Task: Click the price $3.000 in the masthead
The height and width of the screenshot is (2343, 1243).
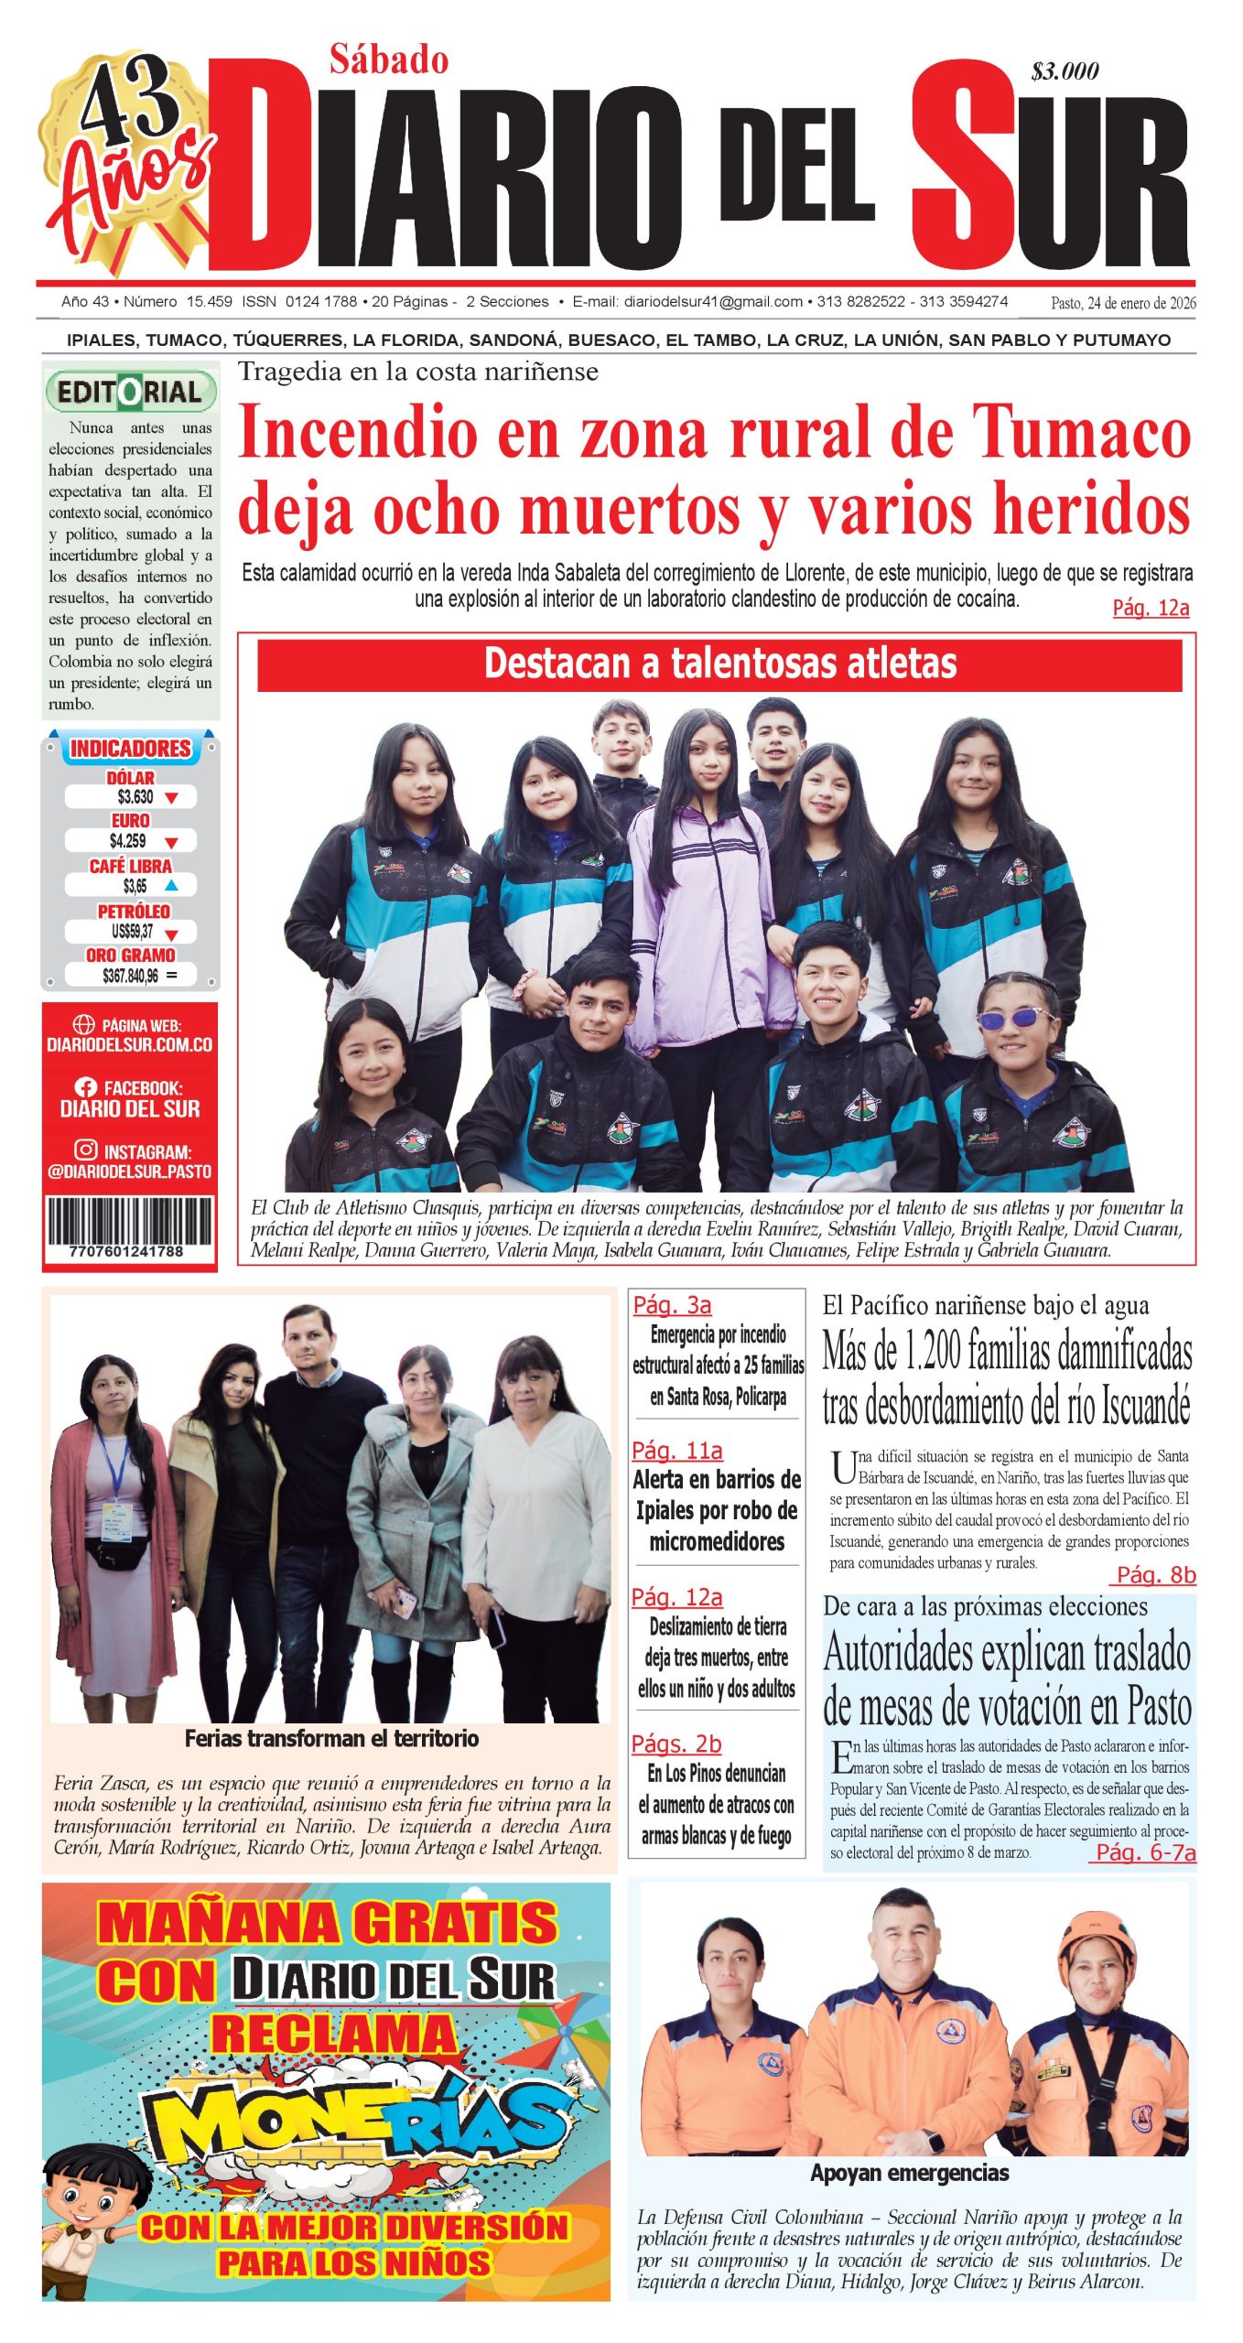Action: click(x=1065, y=71)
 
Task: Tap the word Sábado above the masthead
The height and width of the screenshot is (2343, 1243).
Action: click(x=389, y=60)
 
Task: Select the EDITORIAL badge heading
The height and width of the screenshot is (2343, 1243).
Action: click(x=130, y=393)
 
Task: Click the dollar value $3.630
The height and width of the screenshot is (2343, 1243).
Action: click(x=135, y=796)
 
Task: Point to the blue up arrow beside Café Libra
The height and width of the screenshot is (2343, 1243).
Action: click(x=170, y=885)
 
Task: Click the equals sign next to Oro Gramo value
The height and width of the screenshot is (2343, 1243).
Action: click(x=172, y=976)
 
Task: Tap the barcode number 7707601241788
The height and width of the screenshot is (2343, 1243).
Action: click(x=126, y=1251)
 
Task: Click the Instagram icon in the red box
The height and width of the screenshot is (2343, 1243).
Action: click(x=86, y=1150)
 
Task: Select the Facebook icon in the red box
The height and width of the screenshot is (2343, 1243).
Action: click(x=86, y=1087)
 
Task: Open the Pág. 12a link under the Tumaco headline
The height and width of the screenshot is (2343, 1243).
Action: click(x=1151, y=609)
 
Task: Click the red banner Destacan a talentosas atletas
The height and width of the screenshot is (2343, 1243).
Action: click(x=719, y=664)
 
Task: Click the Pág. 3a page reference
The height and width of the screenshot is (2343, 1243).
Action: click(x=672, y=1305)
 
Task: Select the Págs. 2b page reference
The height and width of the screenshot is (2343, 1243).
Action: click(x=676, y=1744)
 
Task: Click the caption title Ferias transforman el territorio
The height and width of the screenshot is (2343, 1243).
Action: click(x=331, y=1739)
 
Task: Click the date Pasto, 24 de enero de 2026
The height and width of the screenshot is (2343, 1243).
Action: click(x=1123, y=303)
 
